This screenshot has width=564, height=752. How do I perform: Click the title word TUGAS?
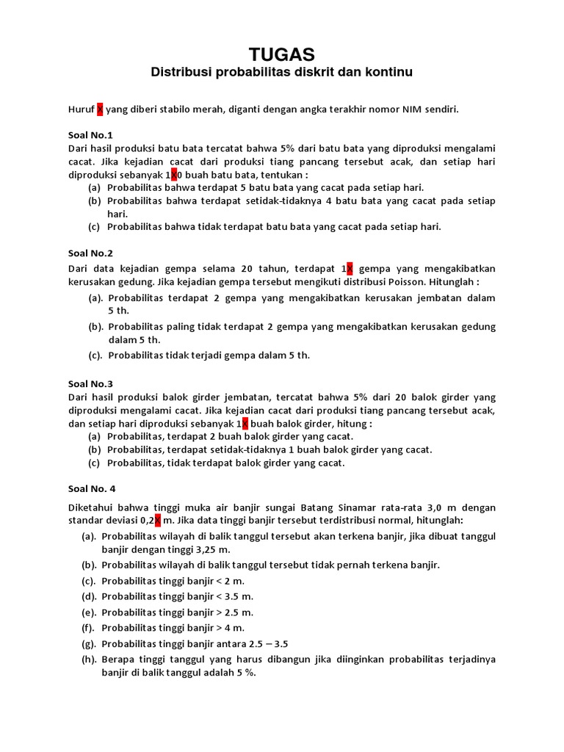282,54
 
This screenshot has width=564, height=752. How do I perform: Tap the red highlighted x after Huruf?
100,109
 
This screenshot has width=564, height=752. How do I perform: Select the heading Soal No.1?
90,135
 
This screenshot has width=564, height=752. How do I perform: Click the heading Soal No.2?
90,253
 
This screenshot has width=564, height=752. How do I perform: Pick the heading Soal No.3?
90,383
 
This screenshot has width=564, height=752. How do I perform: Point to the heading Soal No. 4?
92,488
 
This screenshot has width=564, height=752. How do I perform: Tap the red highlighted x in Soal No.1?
174,176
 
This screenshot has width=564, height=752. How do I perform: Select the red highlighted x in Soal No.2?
350,268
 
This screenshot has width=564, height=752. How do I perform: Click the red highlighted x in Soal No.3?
245,424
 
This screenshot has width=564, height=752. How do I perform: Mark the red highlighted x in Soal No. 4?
157,521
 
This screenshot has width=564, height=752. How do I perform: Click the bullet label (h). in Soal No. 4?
90,659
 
